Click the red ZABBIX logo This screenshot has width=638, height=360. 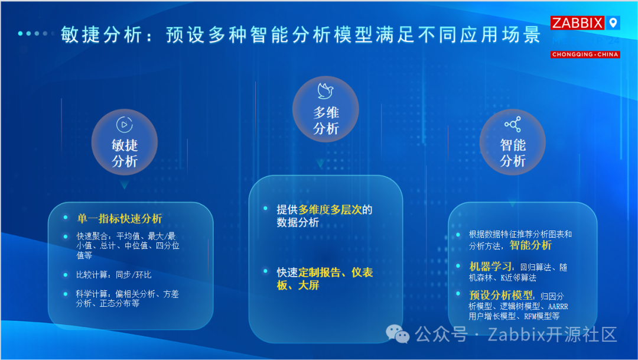(x=577, y=23)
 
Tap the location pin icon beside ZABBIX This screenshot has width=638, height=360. (x=613, y=23)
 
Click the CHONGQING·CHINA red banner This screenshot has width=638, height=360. (x=585, y=54)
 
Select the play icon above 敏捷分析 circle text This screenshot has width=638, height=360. (x=124, y=124)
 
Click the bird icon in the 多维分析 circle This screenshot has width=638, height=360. (x=325, y=90)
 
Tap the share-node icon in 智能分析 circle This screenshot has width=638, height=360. (x=512, y=124)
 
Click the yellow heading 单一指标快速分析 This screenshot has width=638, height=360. (x=119, y=219)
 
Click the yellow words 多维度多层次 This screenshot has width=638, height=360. (x=330, y=210)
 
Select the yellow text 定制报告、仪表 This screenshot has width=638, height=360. (x=336, y=273)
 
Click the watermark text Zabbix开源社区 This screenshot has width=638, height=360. (x=552, y=335)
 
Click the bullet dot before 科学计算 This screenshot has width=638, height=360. (x=66, y=293)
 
